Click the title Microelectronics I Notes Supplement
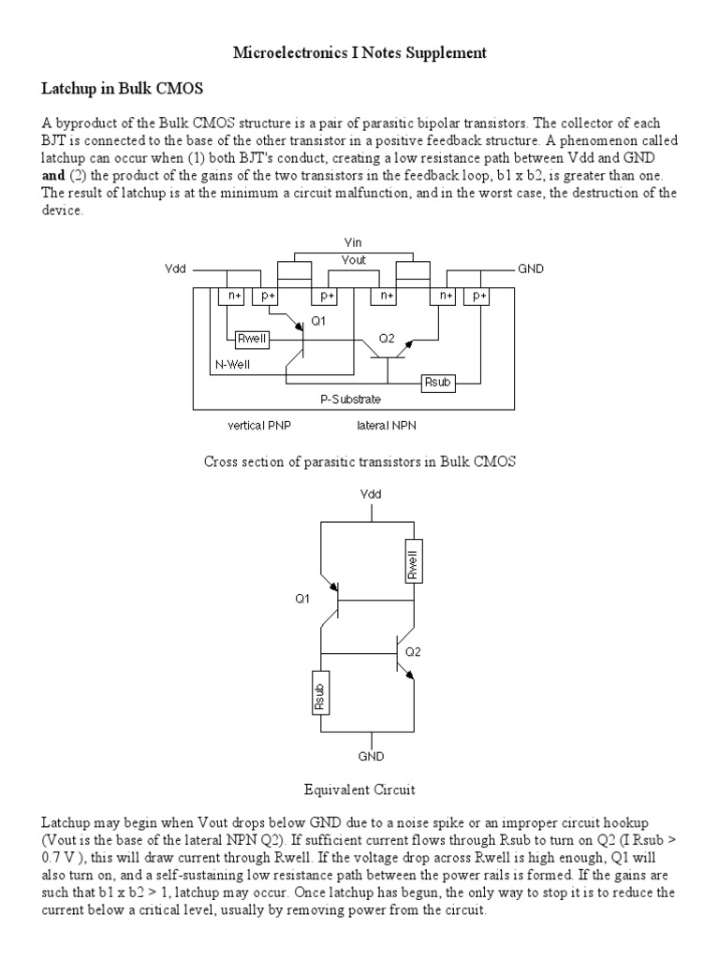[359, 53]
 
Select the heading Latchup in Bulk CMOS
[122, 89]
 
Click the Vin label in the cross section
[353, 242]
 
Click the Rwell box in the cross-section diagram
[252, 339]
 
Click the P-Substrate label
[352, 399]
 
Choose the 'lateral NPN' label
[388, 425]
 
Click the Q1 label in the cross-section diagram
[317, 321]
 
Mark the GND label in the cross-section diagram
[531, 269]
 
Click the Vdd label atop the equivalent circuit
[370, 493]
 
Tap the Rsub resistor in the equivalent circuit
[319, 693]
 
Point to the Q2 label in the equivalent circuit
[414, 651]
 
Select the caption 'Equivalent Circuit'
[359, 789]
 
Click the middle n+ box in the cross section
[384, 296]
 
